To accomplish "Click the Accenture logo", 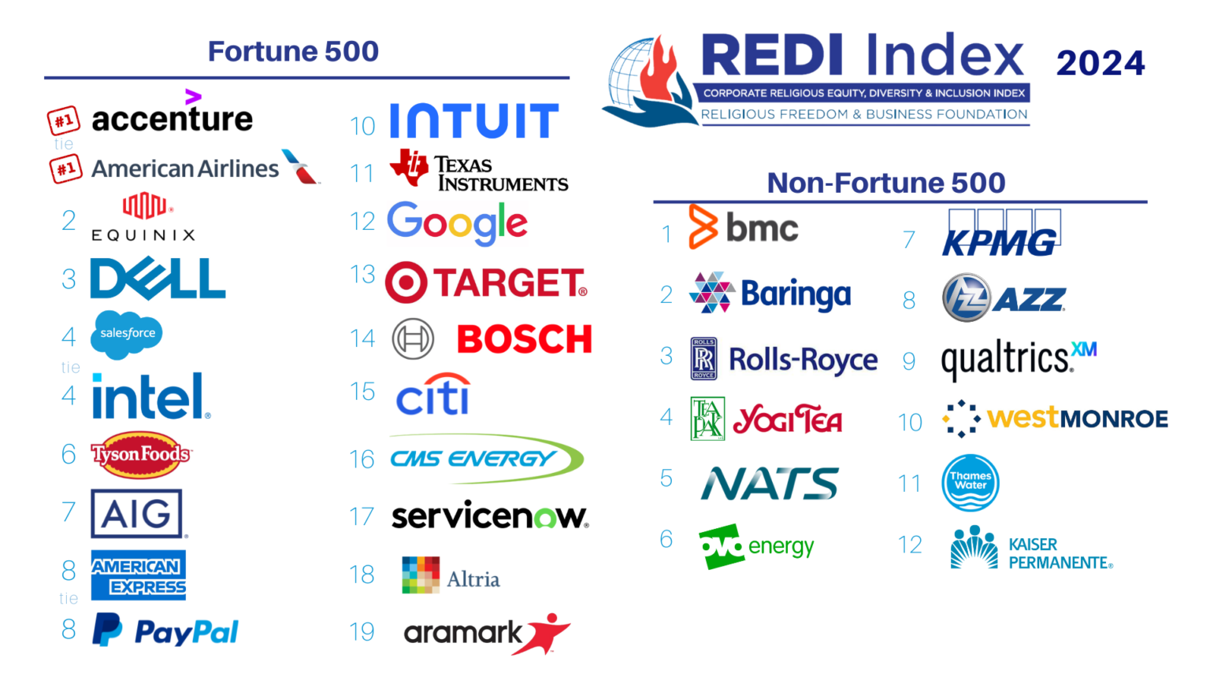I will pos(172,118).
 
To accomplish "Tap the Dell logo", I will pos(158,279).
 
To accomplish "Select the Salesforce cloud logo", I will pos(127,334).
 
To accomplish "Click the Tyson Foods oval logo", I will pos(141,454).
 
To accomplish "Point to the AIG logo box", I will pos(136,514).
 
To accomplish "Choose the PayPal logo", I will pos(166,631).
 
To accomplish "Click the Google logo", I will pos(457,223).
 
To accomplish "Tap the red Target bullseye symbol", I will pos(406,283).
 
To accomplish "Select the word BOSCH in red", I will pos(524,339).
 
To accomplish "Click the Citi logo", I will pos(433,394).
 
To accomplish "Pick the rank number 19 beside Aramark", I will pos(362,631).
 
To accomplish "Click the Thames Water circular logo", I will pos(971,482).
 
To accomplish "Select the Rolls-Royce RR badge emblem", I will pos(703,359).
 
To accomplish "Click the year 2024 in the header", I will pos(1100,63).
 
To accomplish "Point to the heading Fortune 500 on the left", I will pos(293,51).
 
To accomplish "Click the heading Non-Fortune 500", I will pos(886,183).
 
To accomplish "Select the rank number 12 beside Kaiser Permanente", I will pos(910,545).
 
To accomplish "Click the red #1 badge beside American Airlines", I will pos(66,168).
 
